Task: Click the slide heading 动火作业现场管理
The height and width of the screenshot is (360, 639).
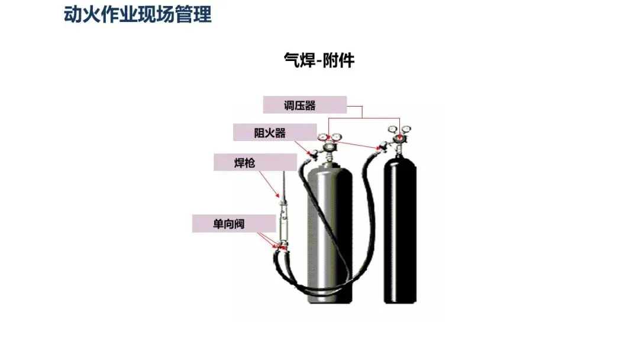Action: pyautogui.click(x=137, y=14)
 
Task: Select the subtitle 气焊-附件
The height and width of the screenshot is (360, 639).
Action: pyautogui.click(x=319, y=60)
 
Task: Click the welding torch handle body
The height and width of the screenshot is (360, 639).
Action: pyautogui.click(x=283, y=219)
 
